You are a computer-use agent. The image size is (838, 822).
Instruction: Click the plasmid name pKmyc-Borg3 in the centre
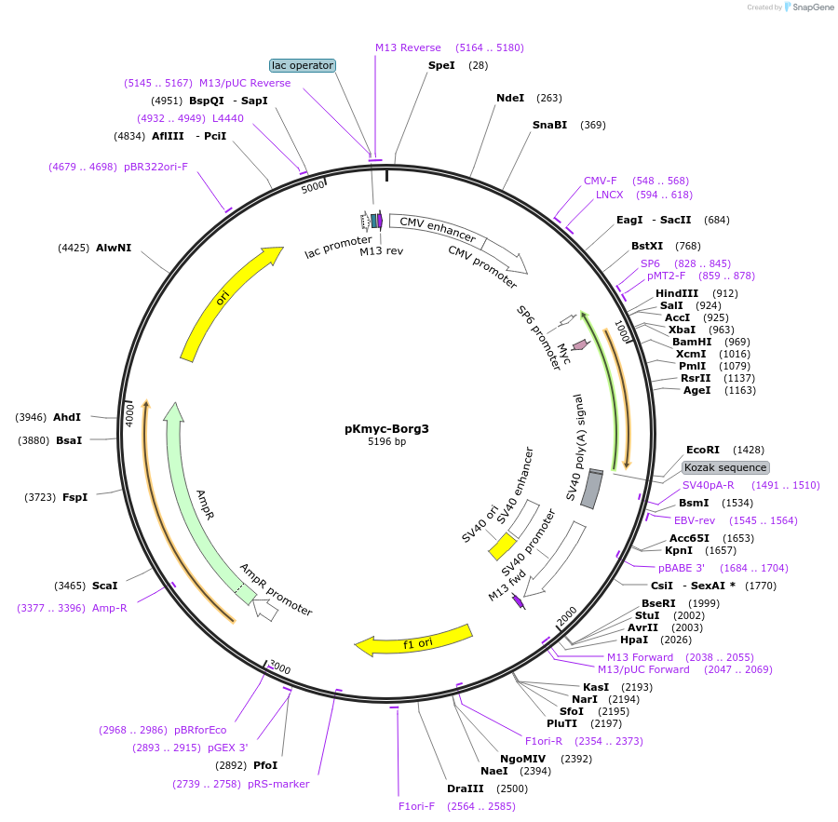[x=386, y=429]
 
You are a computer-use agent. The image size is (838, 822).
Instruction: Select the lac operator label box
[x=302, y=65]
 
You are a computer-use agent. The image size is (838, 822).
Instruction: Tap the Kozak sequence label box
[x=725, y=467]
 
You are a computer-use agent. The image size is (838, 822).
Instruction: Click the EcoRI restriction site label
[x=702, y=450]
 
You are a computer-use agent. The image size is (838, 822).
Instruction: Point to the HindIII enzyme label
[x=677, y=293]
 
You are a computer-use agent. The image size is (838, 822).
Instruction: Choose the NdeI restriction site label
[x=510, y=98]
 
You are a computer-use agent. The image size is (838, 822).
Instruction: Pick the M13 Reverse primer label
[x=408, y=47]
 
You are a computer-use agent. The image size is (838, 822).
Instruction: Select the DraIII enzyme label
[x=465, y=788]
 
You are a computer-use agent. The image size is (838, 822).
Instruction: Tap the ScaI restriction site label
[x=104, y=586]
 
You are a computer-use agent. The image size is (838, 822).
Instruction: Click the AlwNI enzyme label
[x=114, y=248]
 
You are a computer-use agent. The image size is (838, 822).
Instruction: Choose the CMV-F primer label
[x=600, y=181]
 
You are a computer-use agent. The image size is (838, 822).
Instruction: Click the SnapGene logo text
[x=810, y=7]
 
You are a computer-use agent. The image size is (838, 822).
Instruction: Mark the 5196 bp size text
[x=386, y=441]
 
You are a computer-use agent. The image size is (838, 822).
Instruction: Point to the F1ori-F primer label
[x=416, y=806]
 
